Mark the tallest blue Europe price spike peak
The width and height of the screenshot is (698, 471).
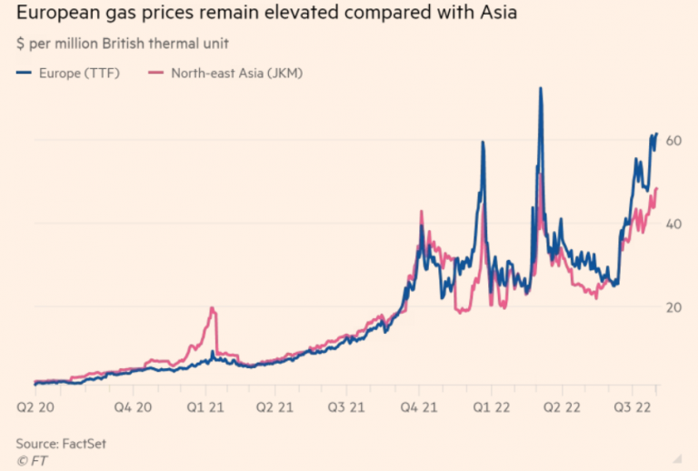coord(541,89)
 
